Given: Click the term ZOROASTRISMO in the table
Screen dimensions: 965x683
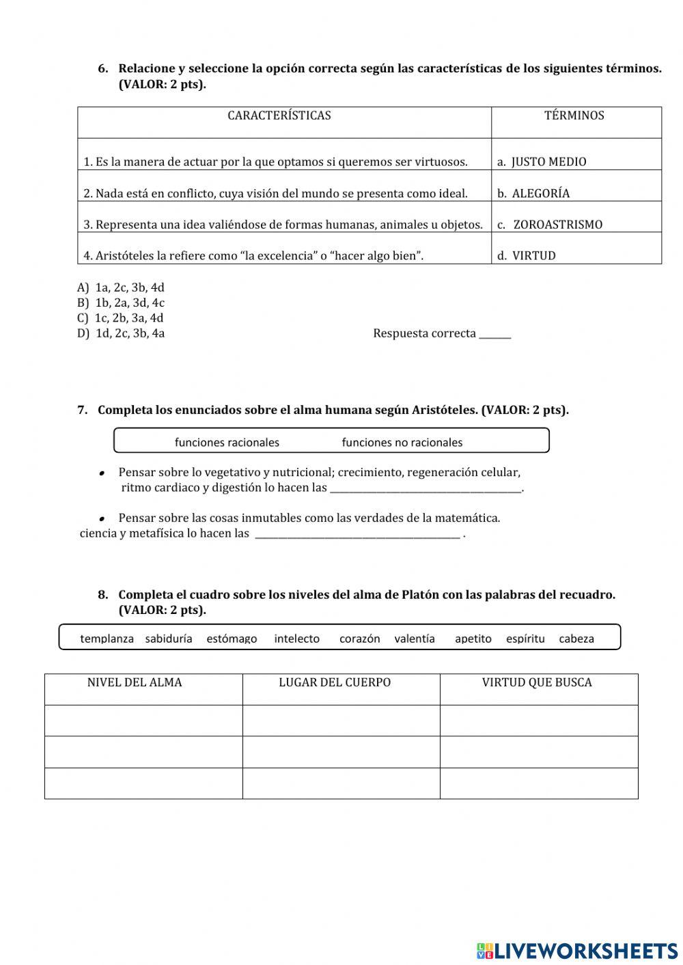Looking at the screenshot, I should (x=557, y=225).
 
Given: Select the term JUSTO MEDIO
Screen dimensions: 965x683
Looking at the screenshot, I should (x=548, y=162).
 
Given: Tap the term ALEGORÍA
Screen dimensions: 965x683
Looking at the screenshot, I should (x=540, y=193).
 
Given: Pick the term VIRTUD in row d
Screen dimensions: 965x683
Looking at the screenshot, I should (x=533, y=256).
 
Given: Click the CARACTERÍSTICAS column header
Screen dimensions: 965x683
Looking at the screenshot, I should (x=279, y=115).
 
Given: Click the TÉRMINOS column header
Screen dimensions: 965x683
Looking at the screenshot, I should (x=574, y=115).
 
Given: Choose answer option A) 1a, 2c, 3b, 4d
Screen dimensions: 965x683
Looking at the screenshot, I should (x=121, y=288).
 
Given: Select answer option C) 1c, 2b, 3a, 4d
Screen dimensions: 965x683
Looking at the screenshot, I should (x=120, y=318).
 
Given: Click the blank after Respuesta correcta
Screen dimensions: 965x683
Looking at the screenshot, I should (x=494, y=334).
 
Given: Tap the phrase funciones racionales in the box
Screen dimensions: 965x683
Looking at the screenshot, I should (x=227, y=443).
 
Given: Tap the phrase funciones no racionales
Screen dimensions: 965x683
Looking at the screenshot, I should (x=402, y=443).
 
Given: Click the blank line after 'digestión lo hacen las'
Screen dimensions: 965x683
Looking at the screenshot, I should (x=425, y=488).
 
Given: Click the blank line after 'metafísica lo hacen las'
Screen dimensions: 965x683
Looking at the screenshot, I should (x=357, y=534).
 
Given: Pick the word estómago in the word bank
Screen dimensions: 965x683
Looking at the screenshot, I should (x=232, y=639).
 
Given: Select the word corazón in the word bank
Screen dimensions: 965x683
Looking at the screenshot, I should (x=359, y=639).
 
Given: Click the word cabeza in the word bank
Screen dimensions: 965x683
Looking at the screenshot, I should (x=576, y=639).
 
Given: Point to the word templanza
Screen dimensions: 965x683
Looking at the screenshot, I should (x=107, y=639).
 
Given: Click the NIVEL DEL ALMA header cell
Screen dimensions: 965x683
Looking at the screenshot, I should (x=135, y=682).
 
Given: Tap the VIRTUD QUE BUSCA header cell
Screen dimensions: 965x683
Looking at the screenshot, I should (x=537, y=682).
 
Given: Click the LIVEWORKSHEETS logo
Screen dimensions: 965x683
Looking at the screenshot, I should (x=577, y=950).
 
